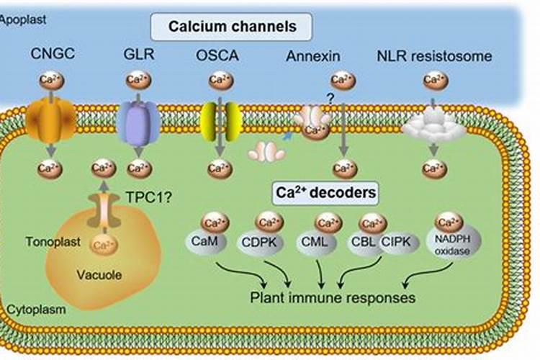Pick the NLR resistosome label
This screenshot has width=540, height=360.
(x=434, y=55)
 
